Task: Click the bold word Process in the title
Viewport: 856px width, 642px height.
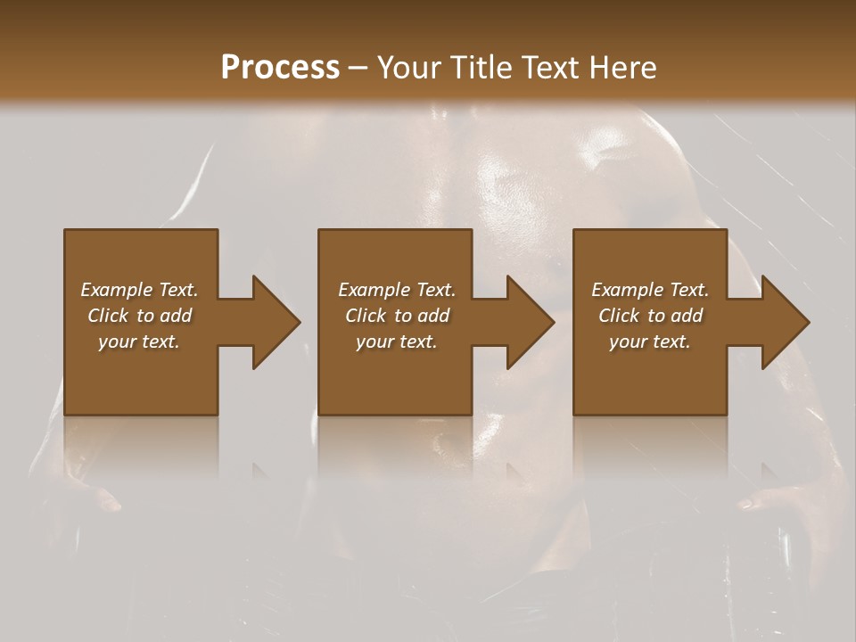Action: pos(280,68)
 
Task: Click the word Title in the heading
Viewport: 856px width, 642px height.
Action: pos(480,68)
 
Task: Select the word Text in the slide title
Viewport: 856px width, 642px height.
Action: pos(549,68)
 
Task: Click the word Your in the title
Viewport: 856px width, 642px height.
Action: pos(411,68)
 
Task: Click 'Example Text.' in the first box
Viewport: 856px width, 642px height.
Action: pos(139,290)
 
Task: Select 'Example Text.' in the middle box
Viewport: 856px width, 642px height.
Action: pos(397,290)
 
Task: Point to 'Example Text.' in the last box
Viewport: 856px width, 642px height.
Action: pos(650,290)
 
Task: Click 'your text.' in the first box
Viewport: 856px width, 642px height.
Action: pos(139,342)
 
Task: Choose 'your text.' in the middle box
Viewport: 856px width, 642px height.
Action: pos(397,342)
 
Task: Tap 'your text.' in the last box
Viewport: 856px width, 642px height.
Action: pos(650,342)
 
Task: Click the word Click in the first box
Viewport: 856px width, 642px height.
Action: pos(109,316)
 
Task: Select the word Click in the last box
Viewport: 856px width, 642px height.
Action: pos(620,316)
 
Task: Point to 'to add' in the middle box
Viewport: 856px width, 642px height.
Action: pos(423,316)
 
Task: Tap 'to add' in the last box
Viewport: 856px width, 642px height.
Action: pos(676,316)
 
